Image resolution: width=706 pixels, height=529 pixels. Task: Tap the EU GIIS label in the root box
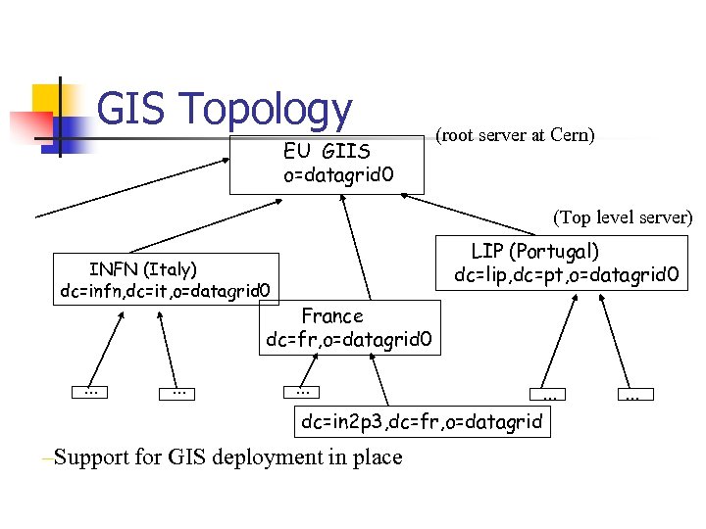(x=327, y=152)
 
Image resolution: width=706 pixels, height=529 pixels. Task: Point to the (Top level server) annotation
(x=623, y=216)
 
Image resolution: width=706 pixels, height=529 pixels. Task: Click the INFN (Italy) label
(x=143, y=268)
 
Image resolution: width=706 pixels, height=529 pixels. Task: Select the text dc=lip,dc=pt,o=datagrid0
(x=566, y=273)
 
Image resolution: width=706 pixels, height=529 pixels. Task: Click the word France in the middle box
(x=332, y=316)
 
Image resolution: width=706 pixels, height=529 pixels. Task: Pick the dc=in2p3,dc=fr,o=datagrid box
(x=422, y=422)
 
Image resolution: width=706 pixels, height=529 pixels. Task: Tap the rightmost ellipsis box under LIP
(x=634, y=395)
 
